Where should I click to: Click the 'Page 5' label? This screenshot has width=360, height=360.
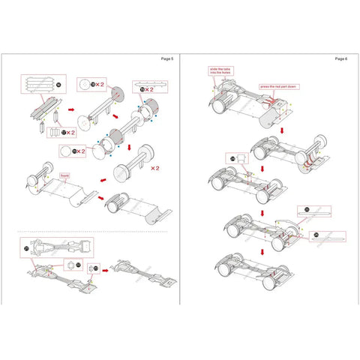click(x=166, y=58)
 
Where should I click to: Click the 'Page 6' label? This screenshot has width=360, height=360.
click(x=340, y=58)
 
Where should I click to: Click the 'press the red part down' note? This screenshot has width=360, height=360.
click(x=274, y=86)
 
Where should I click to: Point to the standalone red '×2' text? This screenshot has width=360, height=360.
click(x=155, y=169)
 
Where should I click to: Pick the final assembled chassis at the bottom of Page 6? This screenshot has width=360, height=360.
click(x=243, y=268)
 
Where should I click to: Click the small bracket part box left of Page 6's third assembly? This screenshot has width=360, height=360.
click(x=234, y=159)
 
